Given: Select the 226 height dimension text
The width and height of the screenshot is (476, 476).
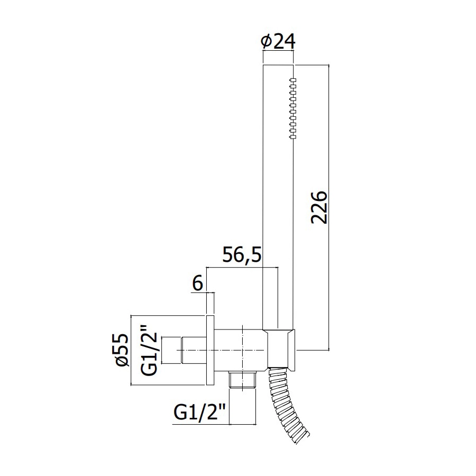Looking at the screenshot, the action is coord(319,207).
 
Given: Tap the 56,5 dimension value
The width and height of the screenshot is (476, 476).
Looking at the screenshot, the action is coord(242,254).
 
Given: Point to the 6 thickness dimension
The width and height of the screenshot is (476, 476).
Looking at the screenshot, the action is coord(198,284).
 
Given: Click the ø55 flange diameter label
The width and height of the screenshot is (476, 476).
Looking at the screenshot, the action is coord(122,350).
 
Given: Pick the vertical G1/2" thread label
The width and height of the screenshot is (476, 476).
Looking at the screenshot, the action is coord(149,350).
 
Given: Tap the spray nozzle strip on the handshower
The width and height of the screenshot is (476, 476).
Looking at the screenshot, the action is coord(292,108).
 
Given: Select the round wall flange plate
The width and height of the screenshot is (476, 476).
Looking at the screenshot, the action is coord(210,350).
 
